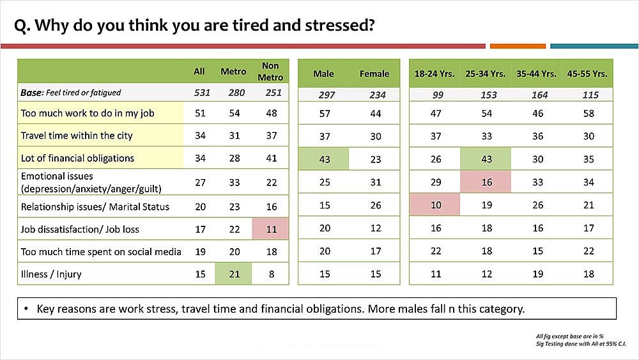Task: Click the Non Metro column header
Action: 270,72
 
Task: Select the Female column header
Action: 374,74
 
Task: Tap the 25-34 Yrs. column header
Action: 486,74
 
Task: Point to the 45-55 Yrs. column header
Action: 587,74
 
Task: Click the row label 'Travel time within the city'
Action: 77,136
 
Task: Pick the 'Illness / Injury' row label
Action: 51,274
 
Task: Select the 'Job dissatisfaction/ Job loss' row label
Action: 80,229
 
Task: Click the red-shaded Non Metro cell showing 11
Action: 270,229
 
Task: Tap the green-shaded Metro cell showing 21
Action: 233,274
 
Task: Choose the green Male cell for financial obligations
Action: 323,159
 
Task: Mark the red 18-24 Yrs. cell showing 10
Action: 435,205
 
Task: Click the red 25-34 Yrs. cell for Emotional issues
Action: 486,182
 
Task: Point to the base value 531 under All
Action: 202,93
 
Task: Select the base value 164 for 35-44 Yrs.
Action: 539,95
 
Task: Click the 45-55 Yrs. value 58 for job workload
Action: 589,113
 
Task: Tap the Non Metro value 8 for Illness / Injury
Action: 272,274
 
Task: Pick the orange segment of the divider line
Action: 518,46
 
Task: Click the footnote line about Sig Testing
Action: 581,343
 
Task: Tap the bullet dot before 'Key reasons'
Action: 26,309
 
